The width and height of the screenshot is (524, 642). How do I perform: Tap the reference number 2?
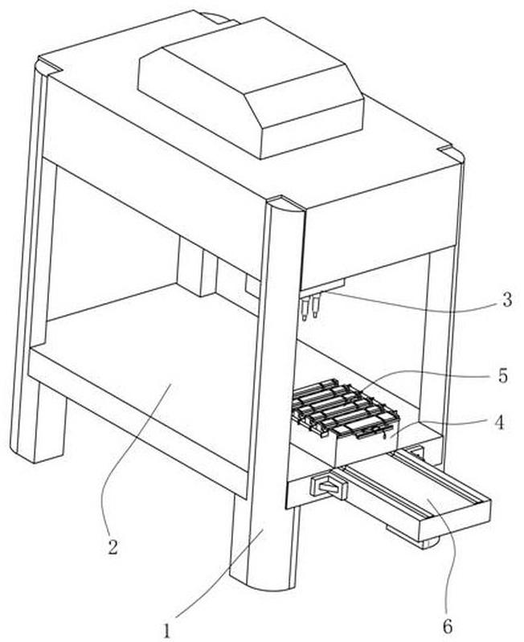(113, 547)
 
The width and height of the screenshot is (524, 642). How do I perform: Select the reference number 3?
(507, 300)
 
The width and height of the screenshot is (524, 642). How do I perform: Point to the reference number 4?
(499, 423)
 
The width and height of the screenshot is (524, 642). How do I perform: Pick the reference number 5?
(503, 375)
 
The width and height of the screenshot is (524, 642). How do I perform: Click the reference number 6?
(448, 626)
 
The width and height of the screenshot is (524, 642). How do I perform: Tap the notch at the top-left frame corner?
(49, 66)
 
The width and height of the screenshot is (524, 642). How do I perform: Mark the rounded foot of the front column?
(268, 582)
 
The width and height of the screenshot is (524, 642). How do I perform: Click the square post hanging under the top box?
(195, 266)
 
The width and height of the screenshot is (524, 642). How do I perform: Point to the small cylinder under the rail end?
(430, 542)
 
